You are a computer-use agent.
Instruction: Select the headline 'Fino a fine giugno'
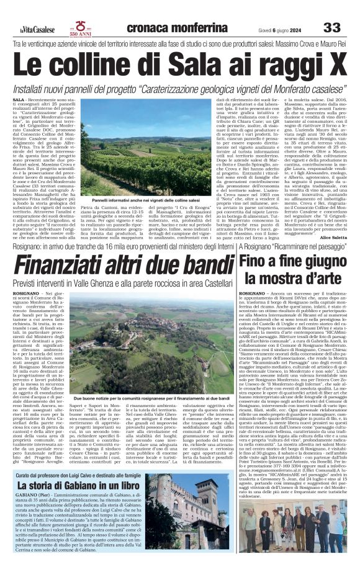[291, 262]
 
